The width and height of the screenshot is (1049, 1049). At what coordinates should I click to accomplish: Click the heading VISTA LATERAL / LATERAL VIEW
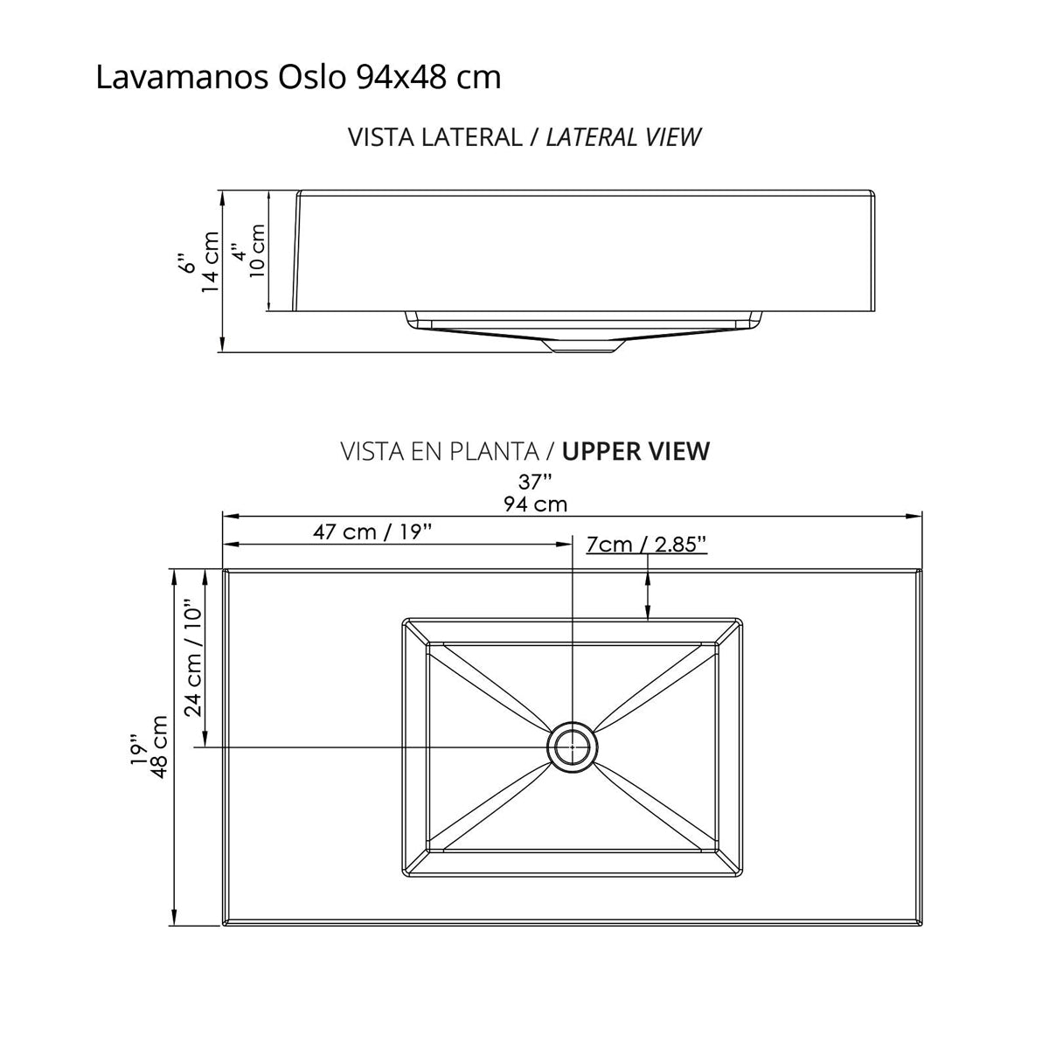[x=524, y=137]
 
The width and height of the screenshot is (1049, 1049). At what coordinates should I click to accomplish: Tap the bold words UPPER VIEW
[x=636, y=451]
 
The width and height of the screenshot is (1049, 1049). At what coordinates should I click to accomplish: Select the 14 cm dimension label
[x=210, y=262]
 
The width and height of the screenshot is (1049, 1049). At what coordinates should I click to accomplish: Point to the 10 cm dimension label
[x=257, y=251]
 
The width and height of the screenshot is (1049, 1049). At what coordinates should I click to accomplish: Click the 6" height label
[x=184, y=263]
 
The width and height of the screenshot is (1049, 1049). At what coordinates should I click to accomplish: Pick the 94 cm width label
[x=535, y=504]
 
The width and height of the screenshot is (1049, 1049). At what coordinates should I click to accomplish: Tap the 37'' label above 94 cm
[x=535, y=481]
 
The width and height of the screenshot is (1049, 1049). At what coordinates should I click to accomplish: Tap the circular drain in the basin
[x=573, y=747]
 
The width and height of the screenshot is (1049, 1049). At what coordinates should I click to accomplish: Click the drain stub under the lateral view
[x=583, y=346]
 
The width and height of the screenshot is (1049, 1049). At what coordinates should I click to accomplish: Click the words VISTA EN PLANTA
[x=439, y=451]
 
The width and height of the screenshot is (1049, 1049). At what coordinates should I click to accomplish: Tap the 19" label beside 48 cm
[x=136, y=749]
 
